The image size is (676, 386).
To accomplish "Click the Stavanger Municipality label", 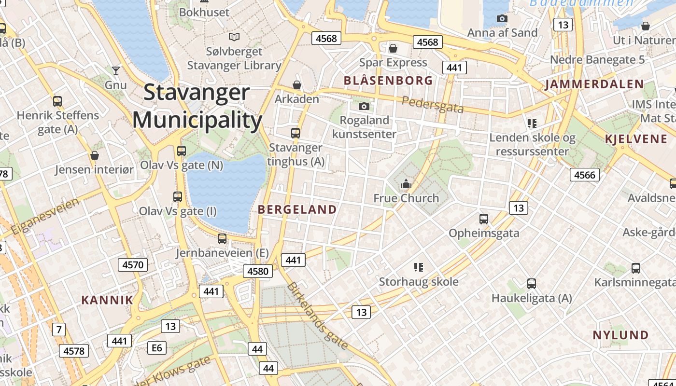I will tap(197, 106).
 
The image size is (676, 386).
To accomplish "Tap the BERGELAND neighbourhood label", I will tap(297, 209).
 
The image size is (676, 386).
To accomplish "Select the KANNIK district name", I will tap(107, 300).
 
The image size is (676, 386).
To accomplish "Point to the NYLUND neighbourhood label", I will tap(620, 335).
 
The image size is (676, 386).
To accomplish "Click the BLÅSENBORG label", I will tap(388, 81).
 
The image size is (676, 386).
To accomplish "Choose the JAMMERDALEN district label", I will tap(594, 84).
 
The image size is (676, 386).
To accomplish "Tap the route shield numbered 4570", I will tap(133, 264).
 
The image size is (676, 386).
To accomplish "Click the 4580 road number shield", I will tap(257, 271).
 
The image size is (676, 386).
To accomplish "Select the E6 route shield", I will tap(156, 348).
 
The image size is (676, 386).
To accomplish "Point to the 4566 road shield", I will tap(585, 175).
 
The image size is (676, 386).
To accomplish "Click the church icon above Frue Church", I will tap(406, 184).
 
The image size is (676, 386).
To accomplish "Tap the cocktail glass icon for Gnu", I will tap(115, 71).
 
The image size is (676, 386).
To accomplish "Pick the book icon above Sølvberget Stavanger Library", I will tap(234, 37).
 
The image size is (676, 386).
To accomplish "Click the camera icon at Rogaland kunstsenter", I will tap(364, 106).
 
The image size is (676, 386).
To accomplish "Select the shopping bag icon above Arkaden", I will tap(296, 85).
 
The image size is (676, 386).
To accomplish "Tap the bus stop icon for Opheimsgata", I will tap(483, 219).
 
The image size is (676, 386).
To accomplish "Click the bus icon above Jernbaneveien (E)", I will tap(222, 238).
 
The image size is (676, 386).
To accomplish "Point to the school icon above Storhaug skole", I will tap(419, 267).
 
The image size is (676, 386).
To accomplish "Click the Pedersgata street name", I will tap(433, 104).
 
